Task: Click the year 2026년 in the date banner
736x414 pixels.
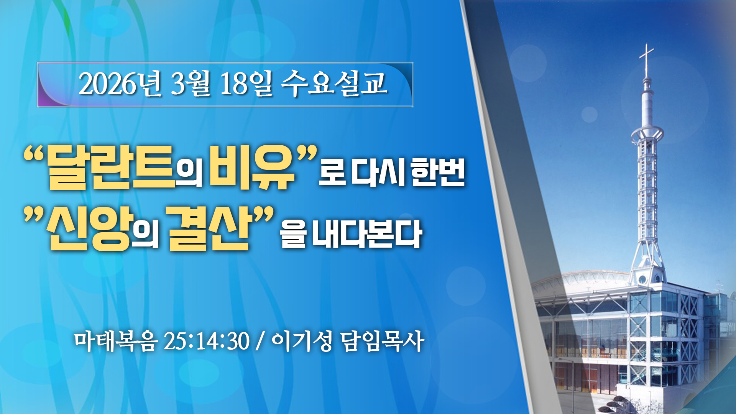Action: coord(120,83)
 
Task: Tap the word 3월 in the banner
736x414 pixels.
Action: coord(191,83)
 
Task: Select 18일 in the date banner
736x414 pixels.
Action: coord(246,83)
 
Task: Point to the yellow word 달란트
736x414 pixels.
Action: coord(112,168)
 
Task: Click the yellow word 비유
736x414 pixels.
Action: coord(253,168)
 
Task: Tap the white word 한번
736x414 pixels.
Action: coord(438,172)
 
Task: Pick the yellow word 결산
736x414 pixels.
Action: coord(209,229)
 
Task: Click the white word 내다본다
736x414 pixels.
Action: coord(367,234)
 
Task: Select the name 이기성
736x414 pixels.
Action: coord(302,341)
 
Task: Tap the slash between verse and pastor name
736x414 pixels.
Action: coord(261,341)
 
